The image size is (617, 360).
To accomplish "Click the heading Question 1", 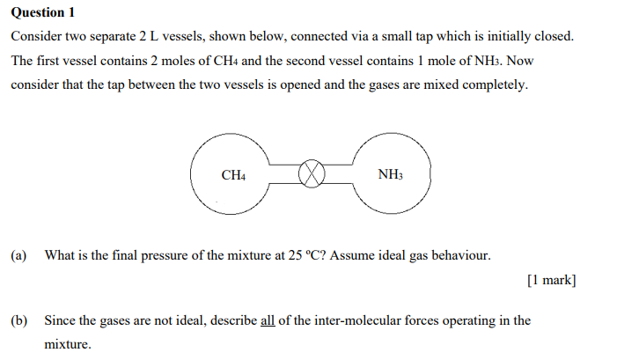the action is tap(43, 12).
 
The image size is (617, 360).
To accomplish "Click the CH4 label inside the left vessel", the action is tap(233, 175).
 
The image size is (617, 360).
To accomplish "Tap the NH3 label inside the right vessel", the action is tap(390, 174).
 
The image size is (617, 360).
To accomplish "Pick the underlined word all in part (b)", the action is tap(268, 320).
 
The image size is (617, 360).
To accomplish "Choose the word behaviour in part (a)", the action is tap(458, 256).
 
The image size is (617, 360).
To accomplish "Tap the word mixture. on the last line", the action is tap(68, 345).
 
